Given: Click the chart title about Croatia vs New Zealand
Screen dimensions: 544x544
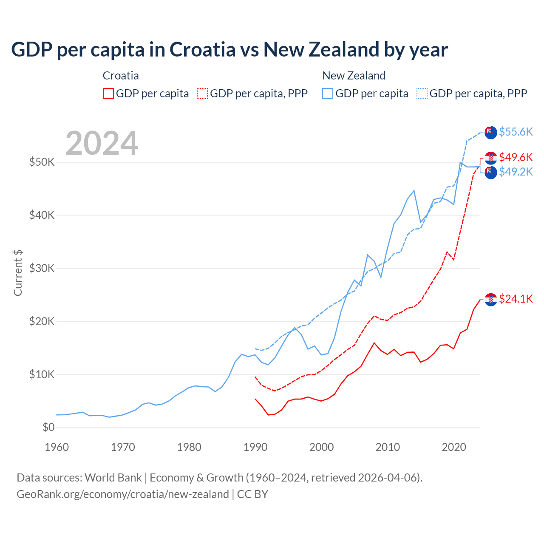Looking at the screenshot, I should tap(229, 50).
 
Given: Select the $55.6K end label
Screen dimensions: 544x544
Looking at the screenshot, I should tap(516, 132).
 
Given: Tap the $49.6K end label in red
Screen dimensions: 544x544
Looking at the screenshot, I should tap(516, 158).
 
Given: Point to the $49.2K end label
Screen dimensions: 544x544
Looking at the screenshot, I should tap(516, 172).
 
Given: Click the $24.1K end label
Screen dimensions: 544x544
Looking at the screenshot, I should tap(516, 299).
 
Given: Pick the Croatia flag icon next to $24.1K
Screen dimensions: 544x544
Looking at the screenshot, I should tap(491, 299).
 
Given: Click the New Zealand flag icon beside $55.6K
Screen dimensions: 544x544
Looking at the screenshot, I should tap(491, 133).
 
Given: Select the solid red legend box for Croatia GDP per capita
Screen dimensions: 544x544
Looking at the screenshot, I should tap(108, 93).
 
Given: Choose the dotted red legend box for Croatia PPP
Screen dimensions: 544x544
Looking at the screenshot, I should tap(202, 93).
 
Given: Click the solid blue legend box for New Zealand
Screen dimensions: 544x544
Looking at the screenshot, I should tap(328, 93).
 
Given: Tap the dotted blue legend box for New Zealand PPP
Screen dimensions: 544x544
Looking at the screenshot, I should tap(422, 93).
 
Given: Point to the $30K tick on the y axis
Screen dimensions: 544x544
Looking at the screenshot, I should tap(42, 268).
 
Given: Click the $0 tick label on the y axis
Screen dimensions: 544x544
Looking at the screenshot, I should tap(48, 427).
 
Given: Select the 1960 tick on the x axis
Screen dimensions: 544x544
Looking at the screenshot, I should tap(57, 447).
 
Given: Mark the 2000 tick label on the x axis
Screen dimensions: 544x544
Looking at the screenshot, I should tap(321, 447).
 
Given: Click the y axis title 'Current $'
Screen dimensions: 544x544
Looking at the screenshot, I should tap(18, 273).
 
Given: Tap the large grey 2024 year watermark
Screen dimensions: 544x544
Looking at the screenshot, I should tap(102, 143).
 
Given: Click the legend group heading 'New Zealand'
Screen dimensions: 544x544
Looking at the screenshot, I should tap(354, 76).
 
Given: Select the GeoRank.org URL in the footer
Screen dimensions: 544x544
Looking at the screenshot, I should tap(123, 494).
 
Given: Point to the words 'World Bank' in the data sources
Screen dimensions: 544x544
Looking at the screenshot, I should tap(113, 478).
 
